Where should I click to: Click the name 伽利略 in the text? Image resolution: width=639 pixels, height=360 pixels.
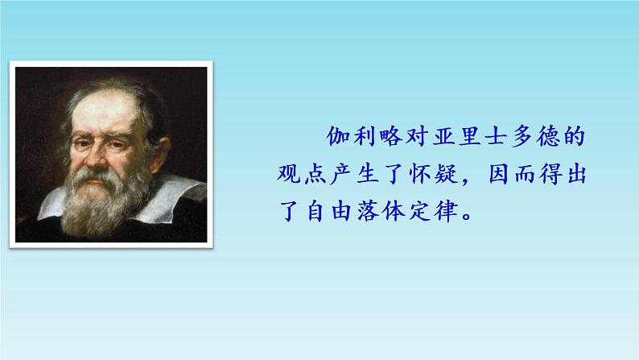[359, 136]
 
